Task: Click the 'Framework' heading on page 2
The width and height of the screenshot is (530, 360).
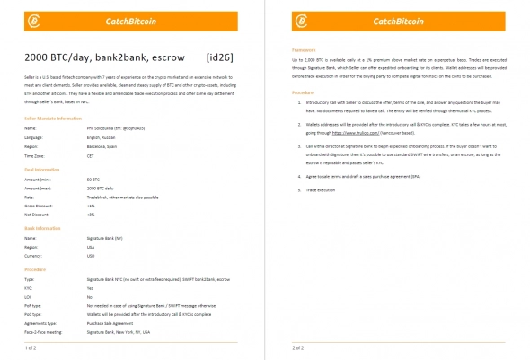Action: coord(305,50)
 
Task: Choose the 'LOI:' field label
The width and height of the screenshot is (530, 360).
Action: coord(28,295)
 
